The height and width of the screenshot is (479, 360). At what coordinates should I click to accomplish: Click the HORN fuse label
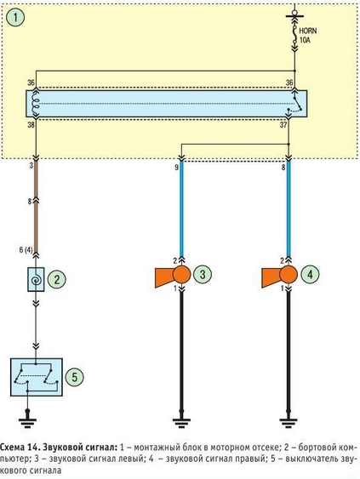pos(307,31)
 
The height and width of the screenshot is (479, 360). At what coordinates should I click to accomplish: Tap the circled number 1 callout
pos(15,17)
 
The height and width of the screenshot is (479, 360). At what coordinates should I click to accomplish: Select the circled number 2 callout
pos(56,280)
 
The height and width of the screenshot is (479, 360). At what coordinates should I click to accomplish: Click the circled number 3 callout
pos(203,274)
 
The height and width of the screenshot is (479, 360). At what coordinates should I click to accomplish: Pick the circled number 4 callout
pos(310,274)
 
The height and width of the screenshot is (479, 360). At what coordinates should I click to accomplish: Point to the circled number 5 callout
pos(74,377)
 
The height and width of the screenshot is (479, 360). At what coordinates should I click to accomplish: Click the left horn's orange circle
pos(181,275)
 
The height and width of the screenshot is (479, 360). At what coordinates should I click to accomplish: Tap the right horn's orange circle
pos(289,275)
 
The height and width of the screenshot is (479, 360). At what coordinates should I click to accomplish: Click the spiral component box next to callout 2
pos(36,279)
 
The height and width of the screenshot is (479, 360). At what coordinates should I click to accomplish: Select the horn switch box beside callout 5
pos(37,377)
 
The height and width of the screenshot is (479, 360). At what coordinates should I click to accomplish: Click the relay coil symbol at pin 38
pos(35,103)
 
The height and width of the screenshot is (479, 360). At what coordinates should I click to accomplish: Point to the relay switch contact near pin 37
pos(295,105)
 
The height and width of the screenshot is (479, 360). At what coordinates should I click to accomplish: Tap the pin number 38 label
pos(31,124)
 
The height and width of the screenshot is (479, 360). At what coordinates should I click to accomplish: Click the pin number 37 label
pos(283,124)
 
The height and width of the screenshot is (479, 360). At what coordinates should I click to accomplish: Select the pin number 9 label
pos(176,168)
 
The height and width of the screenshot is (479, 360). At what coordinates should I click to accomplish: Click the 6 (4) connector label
pos(26,249)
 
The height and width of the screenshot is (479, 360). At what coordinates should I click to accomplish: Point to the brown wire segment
pos(36,207)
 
